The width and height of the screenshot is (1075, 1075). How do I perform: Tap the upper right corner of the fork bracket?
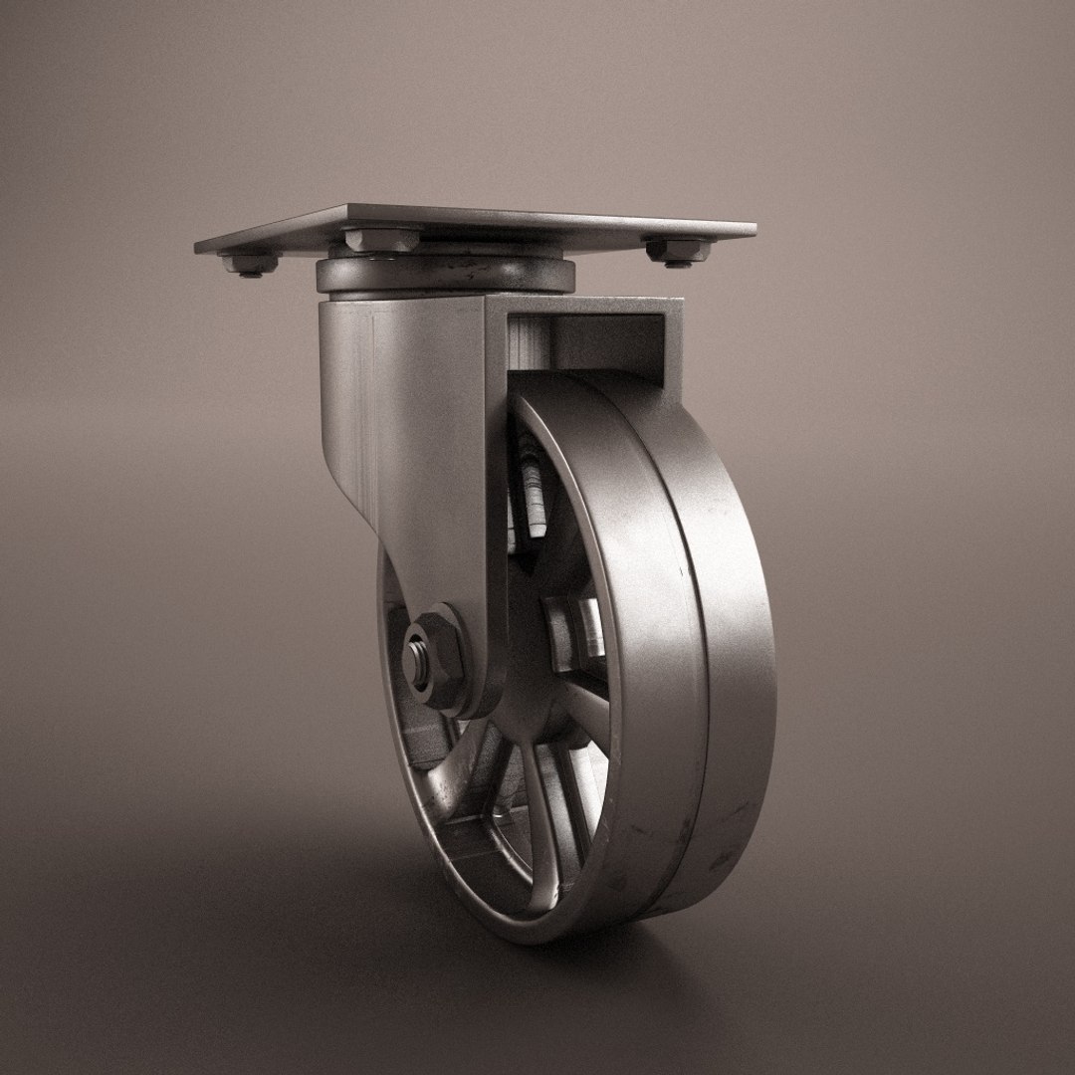(681, 301)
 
